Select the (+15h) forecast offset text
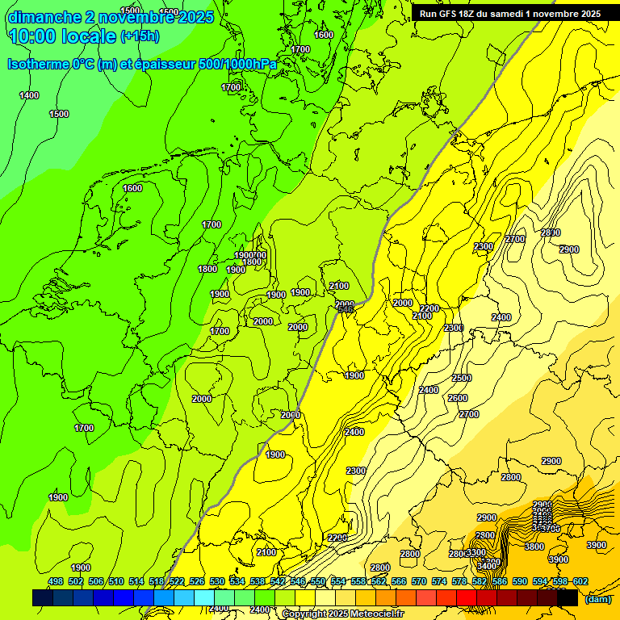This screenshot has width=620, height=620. tap(140, 36)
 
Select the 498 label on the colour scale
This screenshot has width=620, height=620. tap(55, 581)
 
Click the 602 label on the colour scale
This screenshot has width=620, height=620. tap(580, 581)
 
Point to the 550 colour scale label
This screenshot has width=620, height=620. tap(318, 581)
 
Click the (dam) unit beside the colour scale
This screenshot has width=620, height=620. tap(598, 598)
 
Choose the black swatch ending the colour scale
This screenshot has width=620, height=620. tap(568, 597)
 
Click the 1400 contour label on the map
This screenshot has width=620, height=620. tap(29, 96)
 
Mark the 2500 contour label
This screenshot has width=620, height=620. tap(461, 379)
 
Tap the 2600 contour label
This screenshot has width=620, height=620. tap(457, 399)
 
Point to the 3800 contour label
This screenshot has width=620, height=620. tap(534, 547)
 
